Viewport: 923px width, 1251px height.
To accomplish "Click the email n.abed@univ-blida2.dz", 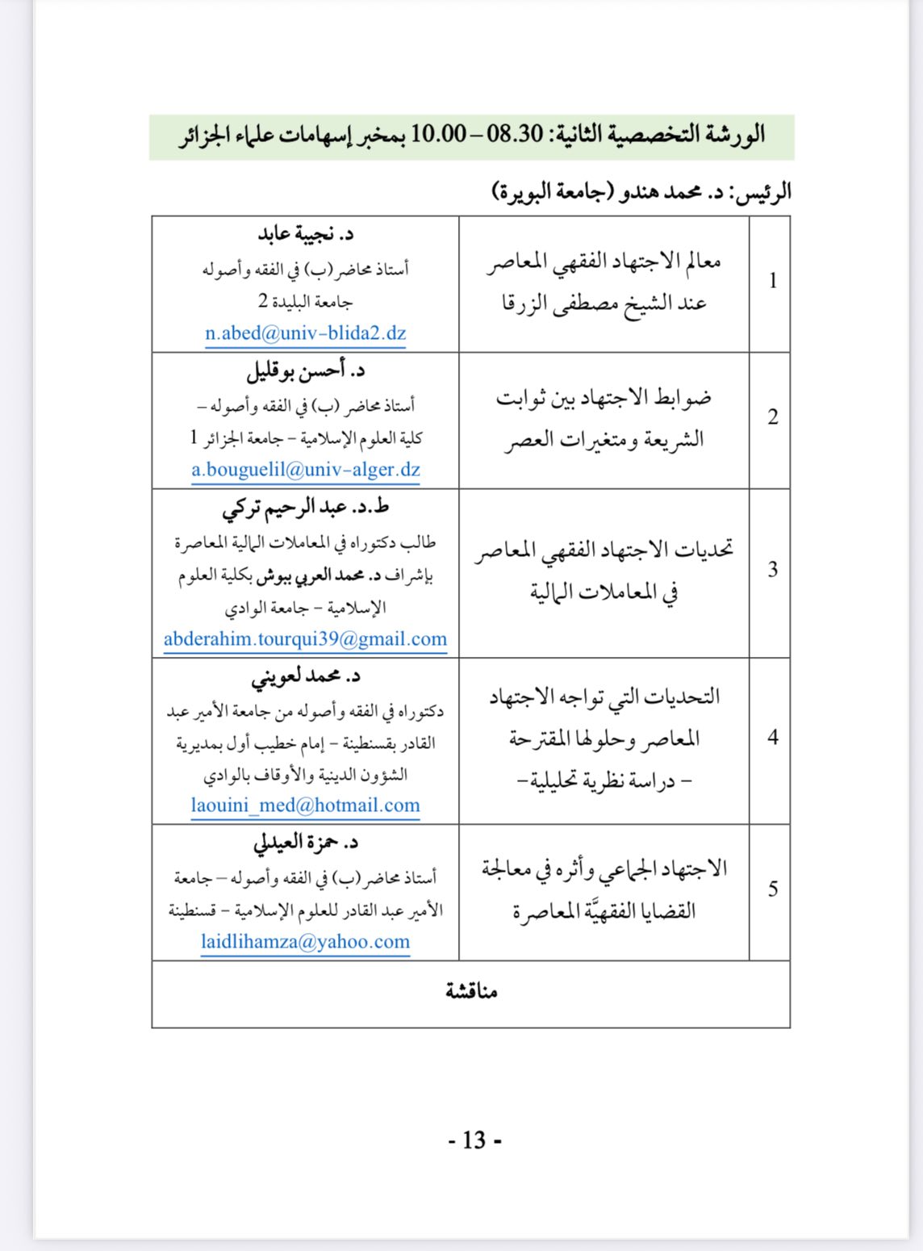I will point(305,333).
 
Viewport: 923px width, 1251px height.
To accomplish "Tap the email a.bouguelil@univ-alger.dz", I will point(306,470).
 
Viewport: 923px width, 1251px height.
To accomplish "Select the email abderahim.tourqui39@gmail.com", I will point(305,639).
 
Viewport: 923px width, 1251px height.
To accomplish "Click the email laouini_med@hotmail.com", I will point(305,805).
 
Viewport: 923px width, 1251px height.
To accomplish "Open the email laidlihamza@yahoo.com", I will point(305,942).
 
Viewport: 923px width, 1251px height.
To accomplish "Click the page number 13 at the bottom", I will point(474,1140).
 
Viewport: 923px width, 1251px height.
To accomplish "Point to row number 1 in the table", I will point(772,281).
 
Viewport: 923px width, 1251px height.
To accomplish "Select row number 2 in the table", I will point(772,417).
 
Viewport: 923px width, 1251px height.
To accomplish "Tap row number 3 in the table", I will point(772,570).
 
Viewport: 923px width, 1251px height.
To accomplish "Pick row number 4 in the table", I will point(772,738).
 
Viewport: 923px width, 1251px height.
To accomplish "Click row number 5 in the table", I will point(772,889).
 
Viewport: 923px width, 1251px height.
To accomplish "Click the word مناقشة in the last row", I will point(471,992).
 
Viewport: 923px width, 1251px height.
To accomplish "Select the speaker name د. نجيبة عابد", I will point(306,234).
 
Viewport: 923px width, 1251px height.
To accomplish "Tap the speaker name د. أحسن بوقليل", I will point(305,371).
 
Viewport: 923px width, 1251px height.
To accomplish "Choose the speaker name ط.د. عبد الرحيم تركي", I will point(305,508).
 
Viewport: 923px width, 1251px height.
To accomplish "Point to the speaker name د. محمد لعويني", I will point(305,677).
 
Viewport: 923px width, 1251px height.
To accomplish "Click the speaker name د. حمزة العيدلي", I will point(305,843).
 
